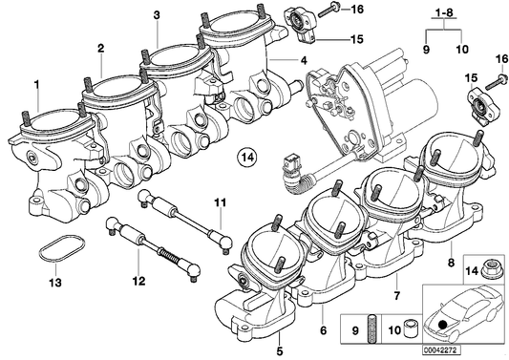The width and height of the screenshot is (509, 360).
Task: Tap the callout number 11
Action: [219, 201]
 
